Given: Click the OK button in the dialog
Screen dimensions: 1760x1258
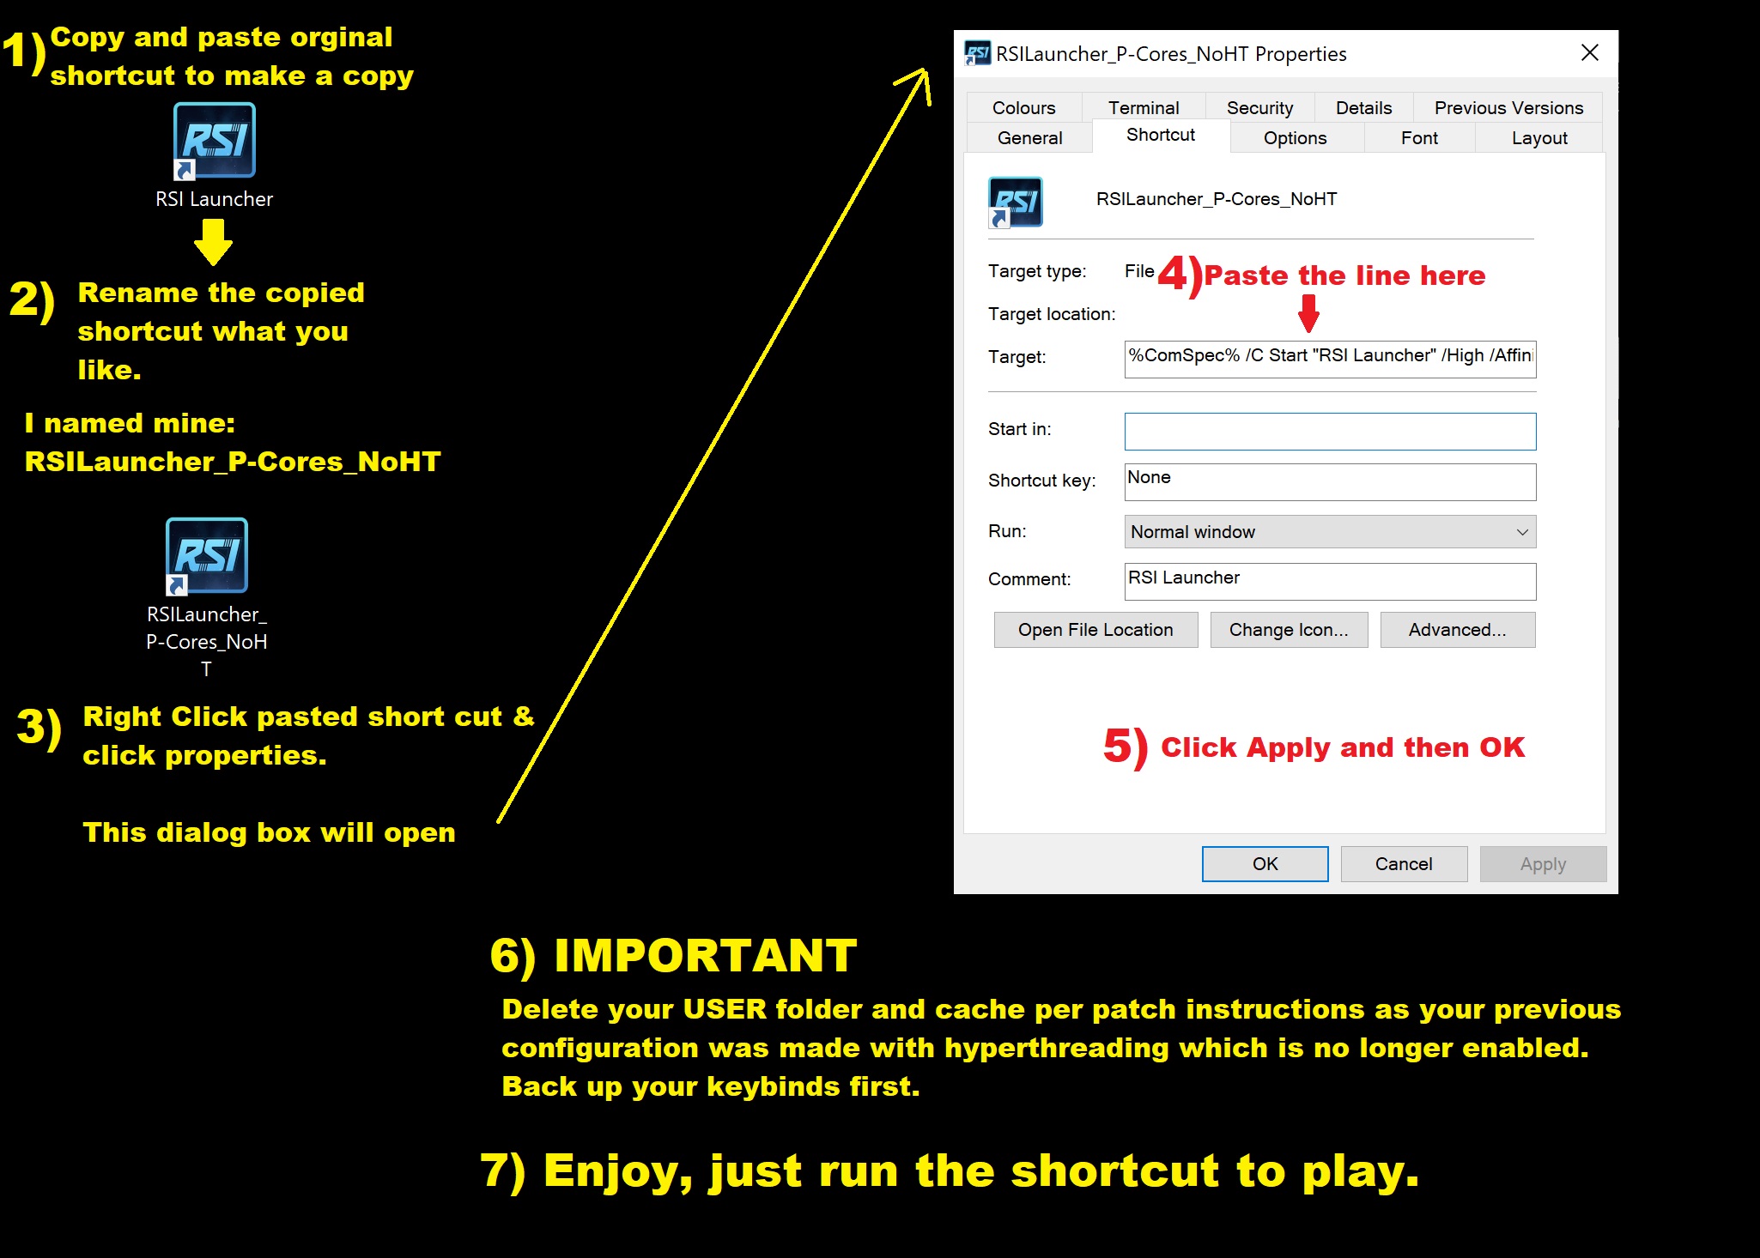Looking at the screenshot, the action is pyautogui.click(x=1265, y=863).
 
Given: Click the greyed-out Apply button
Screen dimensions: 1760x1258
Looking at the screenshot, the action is pyautogui.click(x=1543, y=863).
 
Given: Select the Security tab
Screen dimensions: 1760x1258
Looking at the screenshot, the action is pyautogui.click(x=1259, y=107).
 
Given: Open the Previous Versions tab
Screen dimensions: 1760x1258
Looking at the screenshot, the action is pyautogui.click(x=1508, y=107).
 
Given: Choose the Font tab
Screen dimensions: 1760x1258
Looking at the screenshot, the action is pyautogui.click(x=1419, y=137).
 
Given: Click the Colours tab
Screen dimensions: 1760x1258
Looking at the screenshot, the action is pyautogui.click(x=1023, y=107).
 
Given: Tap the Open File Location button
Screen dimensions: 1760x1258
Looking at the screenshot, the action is pyautogui.click(x=1095, y=630).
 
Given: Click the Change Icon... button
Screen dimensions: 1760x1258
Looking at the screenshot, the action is pyautogui.click(x=1289, y=630).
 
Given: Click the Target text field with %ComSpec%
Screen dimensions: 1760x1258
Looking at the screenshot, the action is pyautogui.click(x=1330, y=359).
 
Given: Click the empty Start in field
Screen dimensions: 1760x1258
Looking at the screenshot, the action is pyautogui.click(x=1330, y=432).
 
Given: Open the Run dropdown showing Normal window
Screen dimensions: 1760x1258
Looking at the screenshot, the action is pyautogui.click(x=1330, y=532).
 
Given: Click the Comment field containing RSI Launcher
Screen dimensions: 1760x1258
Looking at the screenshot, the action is pyautogui.click(x=1330, y=581).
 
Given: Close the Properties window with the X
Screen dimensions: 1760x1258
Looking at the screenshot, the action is pyautogui.click(x=1590, y=53).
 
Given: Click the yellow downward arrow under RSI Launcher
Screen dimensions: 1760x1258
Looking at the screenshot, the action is pyautogui.click(x=213, y=242).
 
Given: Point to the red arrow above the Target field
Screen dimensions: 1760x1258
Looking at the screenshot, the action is pyautogui.click(x=1308, y=313).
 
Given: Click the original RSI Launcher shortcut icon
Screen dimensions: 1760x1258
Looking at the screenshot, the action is pyautogui.click(x=215, y=141).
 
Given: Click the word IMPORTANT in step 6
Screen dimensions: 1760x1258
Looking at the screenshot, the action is pyautogui.click(x=706, y=955).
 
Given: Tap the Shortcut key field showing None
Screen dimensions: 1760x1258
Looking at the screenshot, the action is pyautogui.click(x=1330, y=481).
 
